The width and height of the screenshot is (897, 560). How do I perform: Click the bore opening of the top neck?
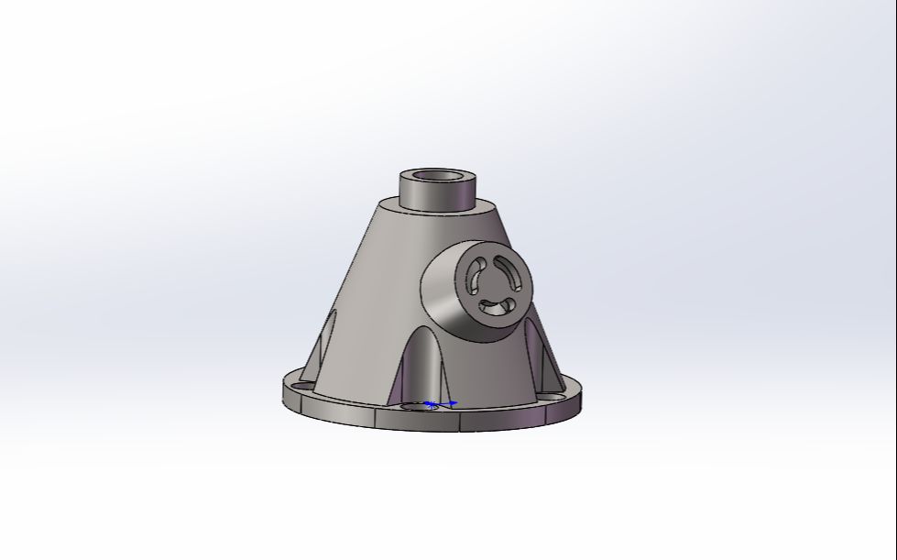click(440, 176)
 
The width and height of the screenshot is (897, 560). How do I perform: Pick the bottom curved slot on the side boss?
click(496, 306)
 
